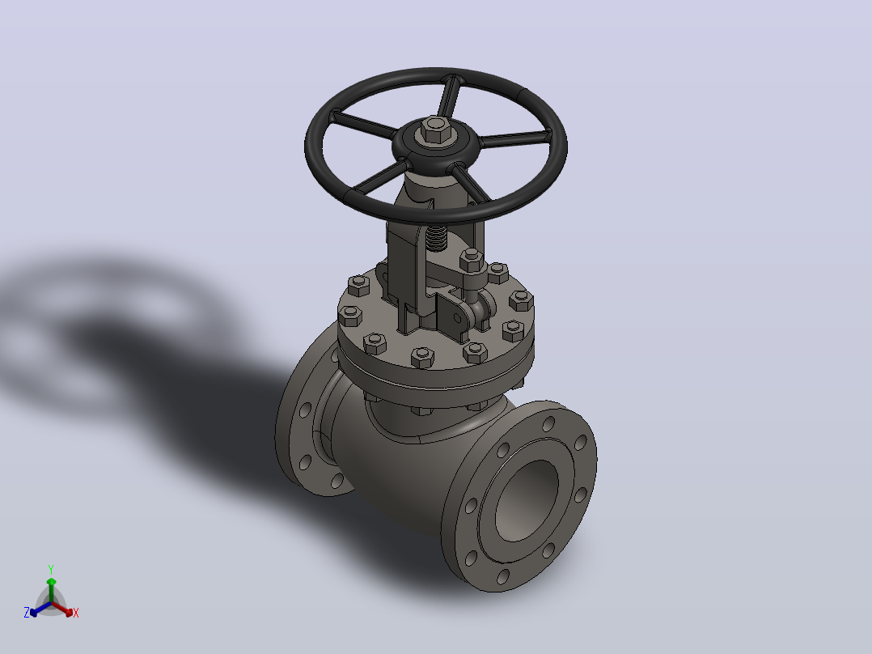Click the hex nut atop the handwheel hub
[x=435, y=130]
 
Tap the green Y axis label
[x=51, y=570]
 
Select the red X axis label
[x=76, y=613]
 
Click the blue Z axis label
[x=27, y=612]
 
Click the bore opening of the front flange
[x=526, y=500]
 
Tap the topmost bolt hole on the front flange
[x=548, y=424]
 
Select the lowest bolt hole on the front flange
[x=503, y=576]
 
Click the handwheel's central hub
[x=435, y=143]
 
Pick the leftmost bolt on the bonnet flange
[x=349, y=316]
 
